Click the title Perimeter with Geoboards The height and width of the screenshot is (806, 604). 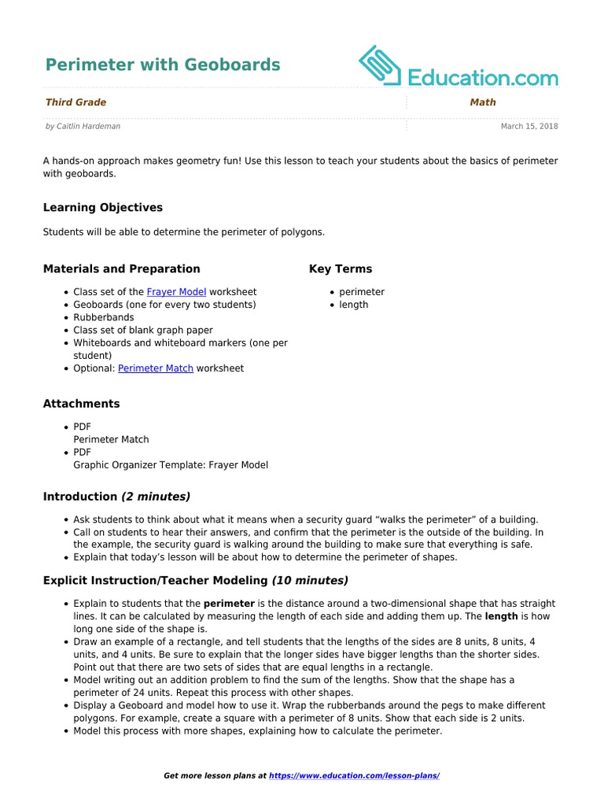tap(162, 65)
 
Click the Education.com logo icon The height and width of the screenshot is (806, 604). tap(380, 65)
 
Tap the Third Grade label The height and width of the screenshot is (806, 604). tap(75, 102)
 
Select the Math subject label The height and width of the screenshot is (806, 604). tap(482, 102)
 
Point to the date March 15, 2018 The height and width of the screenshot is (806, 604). tap(529, 126)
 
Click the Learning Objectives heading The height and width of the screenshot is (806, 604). tap(102, 208)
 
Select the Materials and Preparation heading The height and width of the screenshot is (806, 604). tap(121, 269)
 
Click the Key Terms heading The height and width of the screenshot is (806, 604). tap(340, 269)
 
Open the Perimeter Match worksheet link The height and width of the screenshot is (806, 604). tap(155, 368)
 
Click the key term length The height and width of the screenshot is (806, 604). tap(353, 305)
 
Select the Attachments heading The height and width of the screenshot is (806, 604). tap(81, 404)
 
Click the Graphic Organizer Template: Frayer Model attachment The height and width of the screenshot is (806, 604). tap(170, 465)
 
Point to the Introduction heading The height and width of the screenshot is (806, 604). tap(79, 497)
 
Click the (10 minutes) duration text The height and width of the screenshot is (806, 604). tap(310, 581)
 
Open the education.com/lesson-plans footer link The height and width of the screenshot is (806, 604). tap(354, 776)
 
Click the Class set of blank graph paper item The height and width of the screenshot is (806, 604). tap(142, 331)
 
